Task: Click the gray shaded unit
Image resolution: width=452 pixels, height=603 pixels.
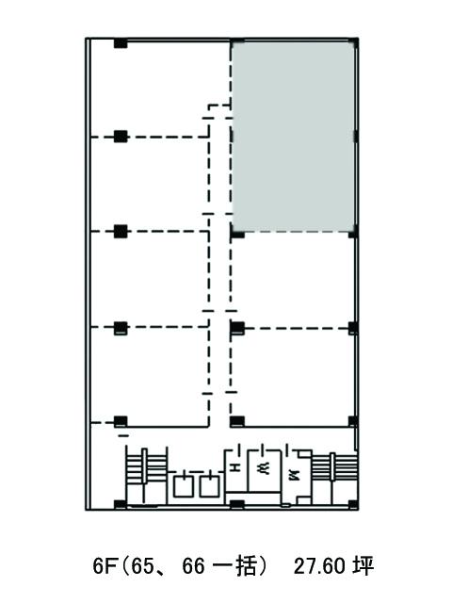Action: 293,137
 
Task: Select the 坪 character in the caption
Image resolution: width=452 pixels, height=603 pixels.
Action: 363,566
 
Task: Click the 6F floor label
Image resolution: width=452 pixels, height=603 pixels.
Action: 104,566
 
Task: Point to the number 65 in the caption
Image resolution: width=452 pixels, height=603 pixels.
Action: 142,566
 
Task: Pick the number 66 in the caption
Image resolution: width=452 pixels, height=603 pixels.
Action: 194,566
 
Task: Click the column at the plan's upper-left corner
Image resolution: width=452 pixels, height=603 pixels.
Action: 121,43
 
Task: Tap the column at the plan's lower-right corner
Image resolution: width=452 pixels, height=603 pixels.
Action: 353,504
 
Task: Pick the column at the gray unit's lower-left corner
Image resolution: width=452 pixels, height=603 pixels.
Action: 237,233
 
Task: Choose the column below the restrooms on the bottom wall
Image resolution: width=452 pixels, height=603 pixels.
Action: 237,505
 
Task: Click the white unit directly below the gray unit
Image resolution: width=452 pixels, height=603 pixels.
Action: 293,281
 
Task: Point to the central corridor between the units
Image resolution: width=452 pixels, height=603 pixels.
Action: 220,269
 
